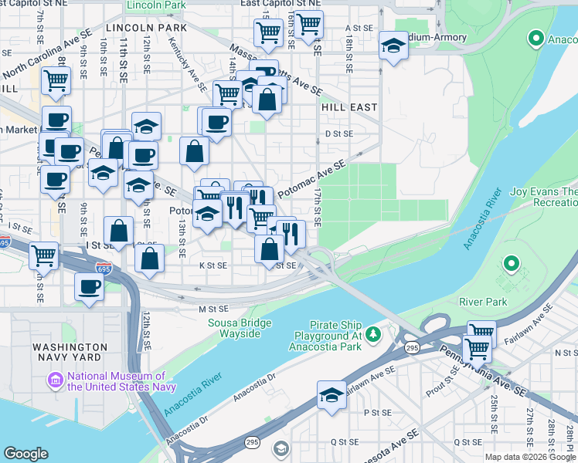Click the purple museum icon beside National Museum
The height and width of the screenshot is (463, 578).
pyautogui.click(x=55, y=381)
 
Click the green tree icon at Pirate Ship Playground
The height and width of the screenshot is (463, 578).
pyautogui.click(x=374, y=333)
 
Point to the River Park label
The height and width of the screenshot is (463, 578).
pyautogui.click(x=483, y=302)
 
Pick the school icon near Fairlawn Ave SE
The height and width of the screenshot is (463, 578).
pyautogui.click(x=331, y=394)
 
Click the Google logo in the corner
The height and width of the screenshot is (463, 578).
pyautogui.click(x=25, y=454)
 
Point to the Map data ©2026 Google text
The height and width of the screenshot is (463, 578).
pyautogui.click(x=530, y=457)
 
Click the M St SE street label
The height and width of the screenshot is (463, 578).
pyautogui.click(x=210, y=309)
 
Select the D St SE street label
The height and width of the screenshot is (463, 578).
pyautogui.click(x=338, y=133)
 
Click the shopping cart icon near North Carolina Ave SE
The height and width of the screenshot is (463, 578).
pyautogui.click(x=56, y=80)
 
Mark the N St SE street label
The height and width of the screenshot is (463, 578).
pyautogui.click(x=565, y=353)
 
